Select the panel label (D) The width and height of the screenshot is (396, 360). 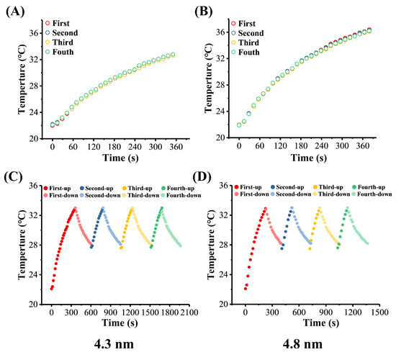click(210, 176)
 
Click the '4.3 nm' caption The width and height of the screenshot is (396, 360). click(109, 343)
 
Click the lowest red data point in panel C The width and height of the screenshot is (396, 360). click(52, 289)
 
